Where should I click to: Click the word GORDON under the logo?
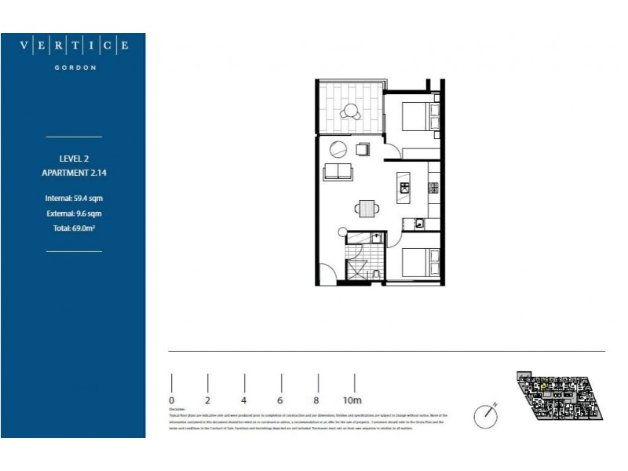(74, 68)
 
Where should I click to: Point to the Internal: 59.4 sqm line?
(74, 198)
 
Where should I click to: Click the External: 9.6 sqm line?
(74, 213)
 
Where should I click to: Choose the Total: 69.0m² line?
(74, 228)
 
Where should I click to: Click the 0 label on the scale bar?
(172, 400)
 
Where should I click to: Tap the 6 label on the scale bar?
(279, 400)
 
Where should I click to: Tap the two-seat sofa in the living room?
(338, 172)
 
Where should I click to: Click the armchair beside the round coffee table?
(363, 149)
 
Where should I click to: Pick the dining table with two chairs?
(366, 208)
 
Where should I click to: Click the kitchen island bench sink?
(404, 187)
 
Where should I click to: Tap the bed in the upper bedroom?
(416, 118)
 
